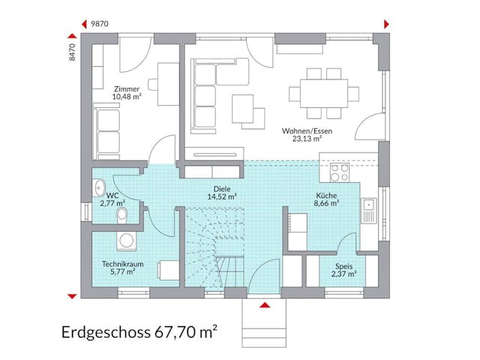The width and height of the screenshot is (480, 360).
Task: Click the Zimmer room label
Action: coord(127,88)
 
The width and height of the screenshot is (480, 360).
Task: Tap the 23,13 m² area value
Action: coord(307,139)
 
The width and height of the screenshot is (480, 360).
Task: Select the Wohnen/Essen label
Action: coord(307,130)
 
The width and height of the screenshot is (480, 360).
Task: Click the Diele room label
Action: coord(221,190)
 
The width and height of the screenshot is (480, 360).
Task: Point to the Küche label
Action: coord(326,194)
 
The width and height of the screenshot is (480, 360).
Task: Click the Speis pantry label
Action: coord(343,265)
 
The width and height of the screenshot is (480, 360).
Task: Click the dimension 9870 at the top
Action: coord(100,24)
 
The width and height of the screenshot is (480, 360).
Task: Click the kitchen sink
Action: coord(370,210)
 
